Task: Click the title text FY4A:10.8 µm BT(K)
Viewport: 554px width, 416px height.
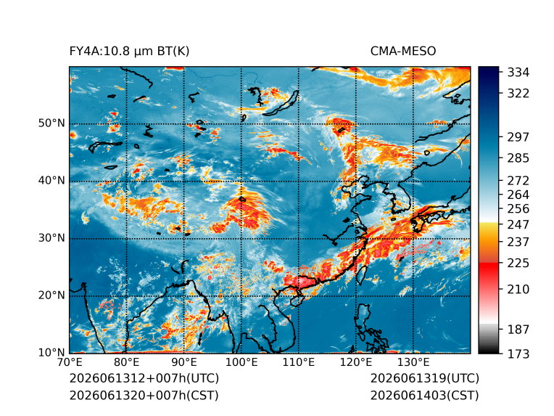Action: pyautogui.click(x=129, y=52)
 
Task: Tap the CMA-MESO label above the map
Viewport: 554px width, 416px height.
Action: pyautogui.click(x=403, y=52)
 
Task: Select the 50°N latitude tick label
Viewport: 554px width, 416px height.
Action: pyautogui.click(x=51, y=123)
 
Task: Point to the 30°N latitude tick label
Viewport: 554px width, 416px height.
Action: pyautogui.click(x=51, y=237)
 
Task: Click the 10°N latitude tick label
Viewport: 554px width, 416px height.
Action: pyautogui.click(x=51, y=352)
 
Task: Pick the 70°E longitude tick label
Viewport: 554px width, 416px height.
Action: pyautogui.click(x=70, y=362)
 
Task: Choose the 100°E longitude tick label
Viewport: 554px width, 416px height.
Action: pyautogui.click(x=241, y=362)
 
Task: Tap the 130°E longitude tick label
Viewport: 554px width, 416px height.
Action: pyautogui.click(x=413, y=362)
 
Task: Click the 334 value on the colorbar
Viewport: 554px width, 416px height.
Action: pyautogui.click(x=518, y=73)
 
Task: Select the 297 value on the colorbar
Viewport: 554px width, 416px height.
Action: pyautogui.click(x=518, y=137)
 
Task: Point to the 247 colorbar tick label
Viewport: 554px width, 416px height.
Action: pyautogui.click(x=518, y=224)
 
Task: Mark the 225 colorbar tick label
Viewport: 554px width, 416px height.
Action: pyautogui.click(x=518, y=264)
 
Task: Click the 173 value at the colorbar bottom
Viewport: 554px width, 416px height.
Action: pyautogui.click(x=518, y=354)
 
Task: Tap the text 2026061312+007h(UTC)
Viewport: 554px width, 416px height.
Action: pyautogui.click(x=144, y=378)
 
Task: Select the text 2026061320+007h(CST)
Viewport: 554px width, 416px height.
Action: pyautogui.click(x=144, y=396)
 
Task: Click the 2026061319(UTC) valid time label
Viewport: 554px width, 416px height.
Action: pyautogui.click(x=425, y=378)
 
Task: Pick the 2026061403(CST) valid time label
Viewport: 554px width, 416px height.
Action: pyautogui.click(x=425, y=396)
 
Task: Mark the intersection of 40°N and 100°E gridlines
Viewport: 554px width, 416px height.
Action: pyautogui.click(x=241, y=182)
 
